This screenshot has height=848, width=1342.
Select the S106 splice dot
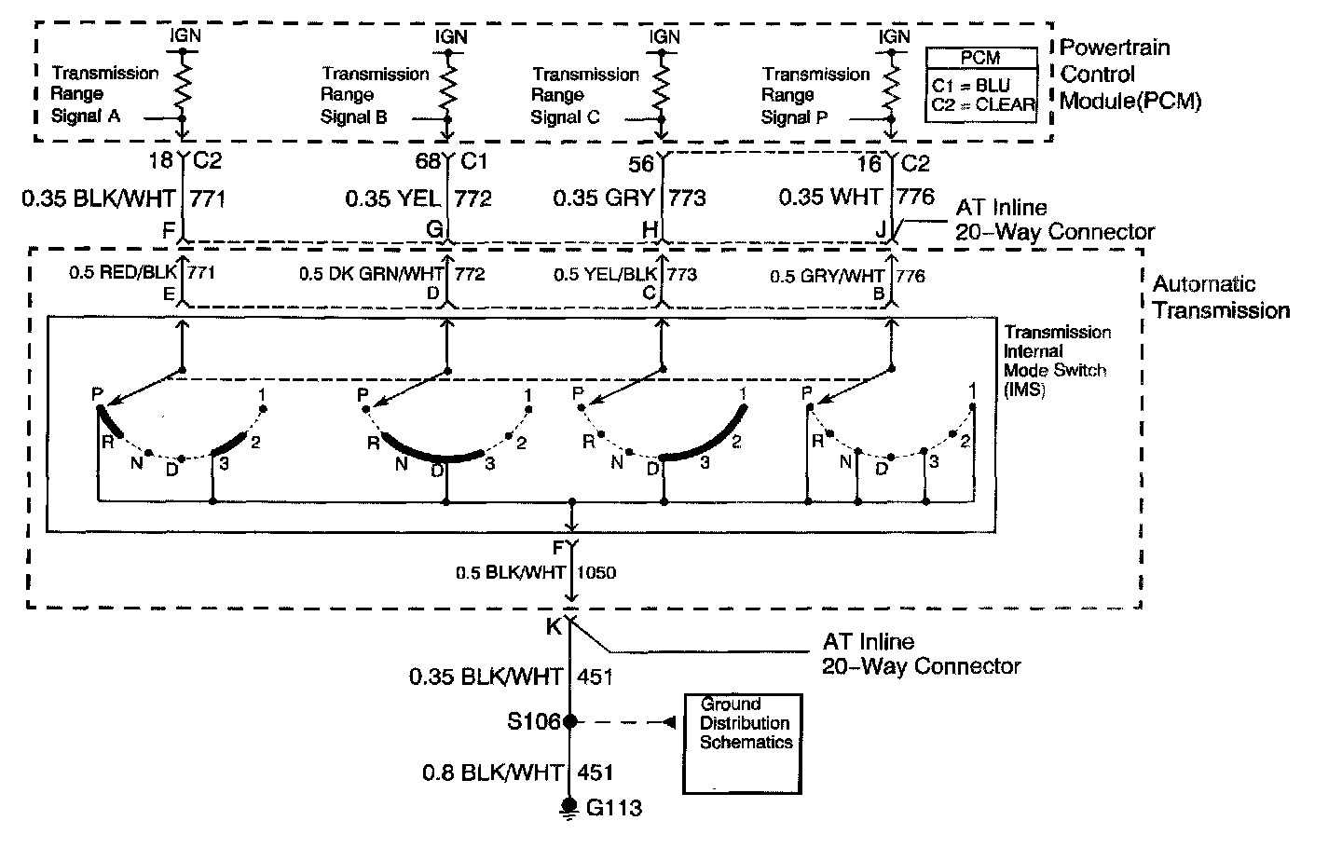(569, 721)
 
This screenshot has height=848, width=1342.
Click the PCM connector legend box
(981, 82)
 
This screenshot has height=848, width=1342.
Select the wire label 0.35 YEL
(393, 198)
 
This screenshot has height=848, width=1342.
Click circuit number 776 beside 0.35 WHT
(915, 197)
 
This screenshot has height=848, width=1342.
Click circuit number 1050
(596, 572)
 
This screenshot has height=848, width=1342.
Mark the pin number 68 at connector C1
(428, 161)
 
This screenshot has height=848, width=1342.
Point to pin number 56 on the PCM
(641, 164)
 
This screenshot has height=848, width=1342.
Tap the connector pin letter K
(553, 627)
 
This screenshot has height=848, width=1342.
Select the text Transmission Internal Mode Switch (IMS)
(1056, 361)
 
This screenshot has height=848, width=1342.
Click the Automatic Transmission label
(1220, 297)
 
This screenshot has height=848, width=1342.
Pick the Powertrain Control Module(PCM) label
(1130, 74)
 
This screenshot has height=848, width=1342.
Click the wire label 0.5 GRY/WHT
(828, 276)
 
